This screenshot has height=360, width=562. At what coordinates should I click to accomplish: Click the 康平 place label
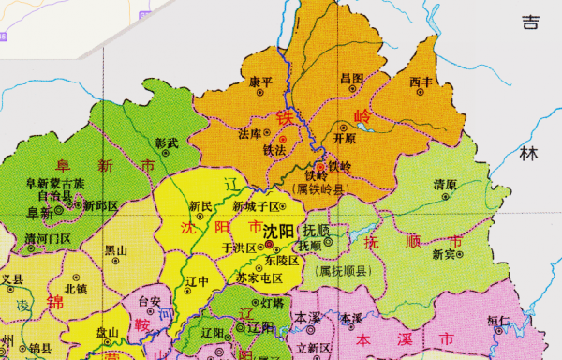[x=260, y=82]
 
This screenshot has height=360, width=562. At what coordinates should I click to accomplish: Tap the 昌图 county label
[x=351, y=78]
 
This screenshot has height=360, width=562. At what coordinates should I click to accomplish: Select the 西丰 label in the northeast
[x=422, y=82]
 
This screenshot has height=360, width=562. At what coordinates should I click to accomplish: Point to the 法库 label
[x=250, y=133]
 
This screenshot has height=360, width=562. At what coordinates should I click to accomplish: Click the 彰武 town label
[x=166, y=142]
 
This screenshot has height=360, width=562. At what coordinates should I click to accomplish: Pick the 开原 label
[x=345, y=138]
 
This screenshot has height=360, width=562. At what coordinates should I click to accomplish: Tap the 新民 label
[x=227, y=205]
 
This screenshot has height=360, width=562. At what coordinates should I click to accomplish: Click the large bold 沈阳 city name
[x=278, y=230]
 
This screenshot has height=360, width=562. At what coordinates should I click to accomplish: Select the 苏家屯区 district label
[x=259, y=277]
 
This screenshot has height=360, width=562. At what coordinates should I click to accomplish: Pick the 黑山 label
[x=116, y=250]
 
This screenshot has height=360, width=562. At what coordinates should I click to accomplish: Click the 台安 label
[x=150, y=301]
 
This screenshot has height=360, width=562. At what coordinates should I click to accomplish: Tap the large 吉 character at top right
[x=531, y=21]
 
